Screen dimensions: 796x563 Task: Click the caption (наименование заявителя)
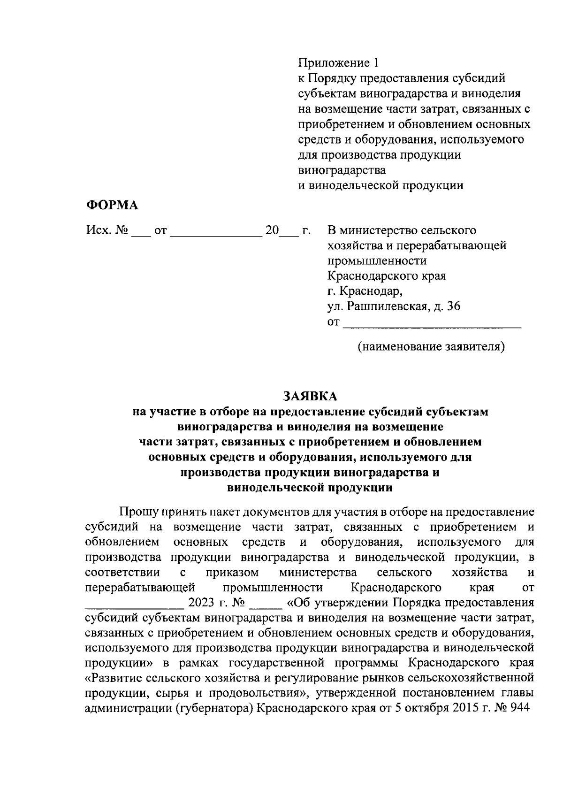point(431,347)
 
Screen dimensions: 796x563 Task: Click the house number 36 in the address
point(454,306)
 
